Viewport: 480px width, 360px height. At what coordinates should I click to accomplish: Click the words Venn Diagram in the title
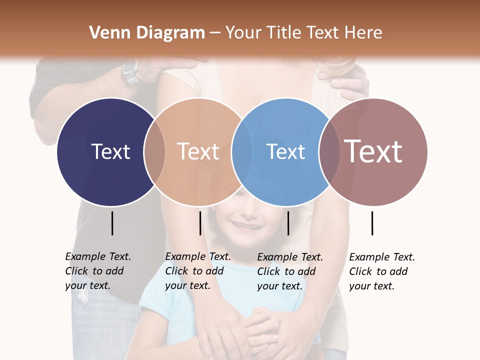point(147,33)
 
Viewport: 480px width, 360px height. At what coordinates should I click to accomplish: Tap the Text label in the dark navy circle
point(110,151)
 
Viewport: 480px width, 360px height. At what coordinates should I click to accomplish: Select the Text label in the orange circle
point(198,151)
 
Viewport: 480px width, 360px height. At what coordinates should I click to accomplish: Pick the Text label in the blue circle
point(285,151)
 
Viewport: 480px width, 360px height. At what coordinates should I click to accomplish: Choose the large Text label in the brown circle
point(373,151)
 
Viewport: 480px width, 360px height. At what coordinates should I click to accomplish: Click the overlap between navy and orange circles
point(154,151)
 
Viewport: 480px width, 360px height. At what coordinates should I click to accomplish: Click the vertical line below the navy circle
point(112,223)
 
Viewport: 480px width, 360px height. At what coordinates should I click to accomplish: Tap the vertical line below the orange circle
point(200,223)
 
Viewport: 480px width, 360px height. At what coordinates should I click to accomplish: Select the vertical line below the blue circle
point(288,223)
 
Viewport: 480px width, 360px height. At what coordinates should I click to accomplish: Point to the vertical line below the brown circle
point(372,223)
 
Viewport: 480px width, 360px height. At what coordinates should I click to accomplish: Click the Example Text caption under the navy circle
point(97,271)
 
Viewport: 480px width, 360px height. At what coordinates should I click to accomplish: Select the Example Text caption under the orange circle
point(197,271)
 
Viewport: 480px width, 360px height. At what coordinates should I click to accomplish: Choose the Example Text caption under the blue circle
point(289,271)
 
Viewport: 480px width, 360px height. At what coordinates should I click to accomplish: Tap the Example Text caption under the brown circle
point(381,271)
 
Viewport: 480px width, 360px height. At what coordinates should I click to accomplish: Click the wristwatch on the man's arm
point(131,73)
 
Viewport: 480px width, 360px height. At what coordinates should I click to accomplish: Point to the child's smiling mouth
point(246,226)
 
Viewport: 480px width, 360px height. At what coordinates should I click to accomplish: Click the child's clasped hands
point(260,327)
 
